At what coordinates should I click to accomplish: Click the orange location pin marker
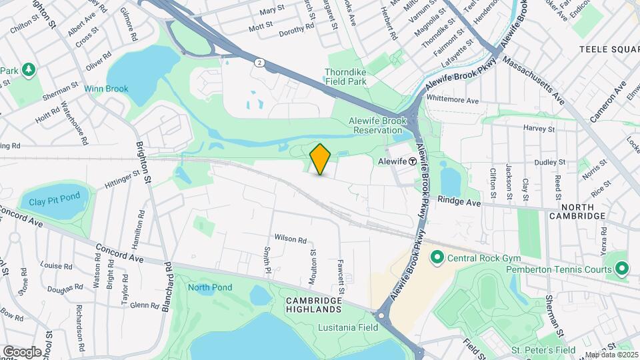point(321,159)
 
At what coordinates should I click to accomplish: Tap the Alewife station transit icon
point(413,161)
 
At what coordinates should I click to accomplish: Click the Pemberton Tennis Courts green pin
point(622,269)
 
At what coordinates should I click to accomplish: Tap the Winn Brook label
point(106,89)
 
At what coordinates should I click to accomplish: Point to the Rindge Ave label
point(459,201)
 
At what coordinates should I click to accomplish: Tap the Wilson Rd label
point(290,239)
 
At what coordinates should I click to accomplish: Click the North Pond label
point(209,287)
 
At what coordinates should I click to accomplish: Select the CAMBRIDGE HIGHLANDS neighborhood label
point(314,305)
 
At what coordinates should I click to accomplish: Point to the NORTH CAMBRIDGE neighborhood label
point(578,211)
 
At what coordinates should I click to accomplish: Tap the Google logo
point(21,351)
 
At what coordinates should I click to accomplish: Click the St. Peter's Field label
point(543,350)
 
